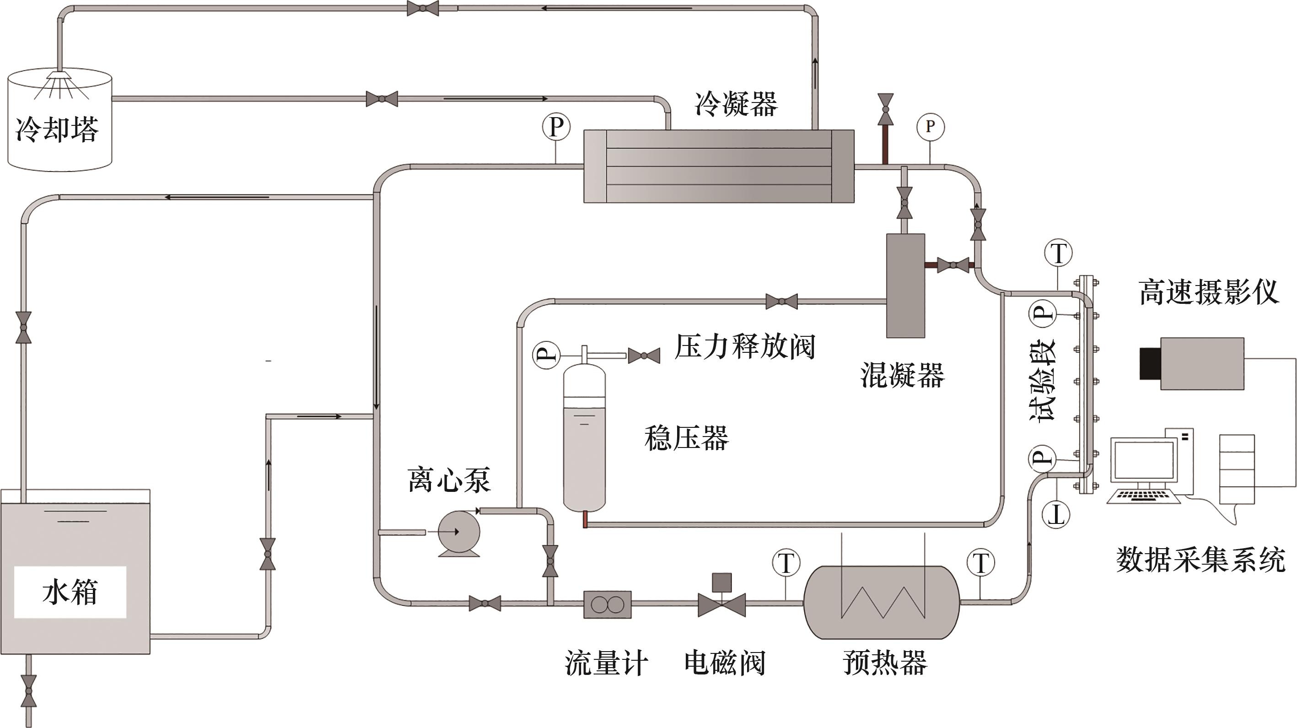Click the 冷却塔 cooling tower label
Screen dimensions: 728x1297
point(57,129)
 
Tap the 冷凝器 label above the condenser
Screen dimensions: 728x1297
point(736,104)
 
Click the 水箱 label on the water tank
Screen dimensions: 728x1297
point(70,592)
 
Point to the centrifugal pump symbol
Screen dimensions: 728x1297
point(458,533)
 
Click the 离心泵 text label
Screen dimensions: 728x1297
point(449,479)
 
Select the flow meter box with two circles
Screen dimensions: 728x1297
point(607,604)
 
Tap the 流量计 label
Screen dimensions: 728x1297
point(606,663)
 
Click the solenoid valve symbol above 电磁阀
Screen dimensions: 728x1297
point(721,599)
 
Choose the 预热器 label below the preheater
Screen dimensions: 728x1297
point(885,663)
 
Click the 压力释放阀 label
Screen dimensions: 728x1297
point(745,347)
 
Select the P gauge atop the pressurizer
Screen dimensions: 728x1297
point(546,355)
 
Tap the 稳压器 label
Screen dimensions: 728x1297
point(686,437)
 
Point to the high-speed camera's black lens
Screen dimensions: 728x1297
point(1150,363)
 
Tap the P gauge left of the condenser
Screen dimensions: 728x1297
point(556,126)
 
